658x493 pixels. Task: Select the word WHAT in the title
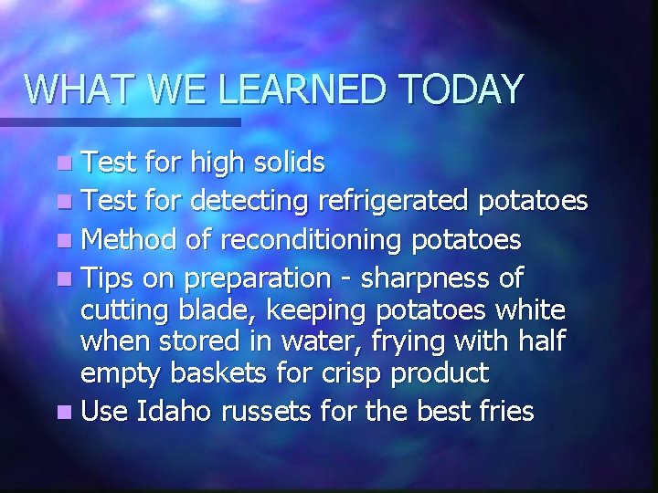click(69, 89)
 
